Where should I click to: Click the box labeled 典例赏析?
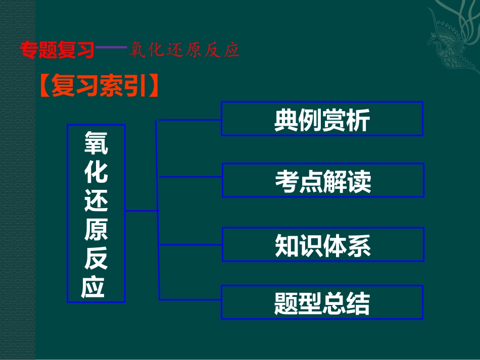(x=322, y=119)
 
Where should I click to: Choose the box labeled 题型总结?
(x=322, y=302)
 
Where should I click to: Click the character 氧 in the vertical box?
(x=95, y=143)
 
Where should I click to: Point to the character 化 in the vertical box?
(x=95, y=172)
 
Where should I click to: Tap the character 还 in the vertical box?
(x=95, y=201)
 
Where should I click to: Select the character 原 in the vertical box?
(x=95, y=230)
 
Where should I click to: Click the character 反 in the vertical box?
(x=95, y=259)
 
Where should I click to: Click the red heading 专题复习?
(x=57, y=50)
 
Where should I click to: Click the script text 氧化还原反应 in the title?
(x=183, y=50)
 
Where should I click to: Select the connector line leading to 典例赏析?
(x=189, y=120)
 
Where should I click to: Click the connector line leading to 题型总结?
(x=189, y=300)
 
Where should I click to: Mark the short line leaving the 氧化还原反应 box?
(x=141, y=211)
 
